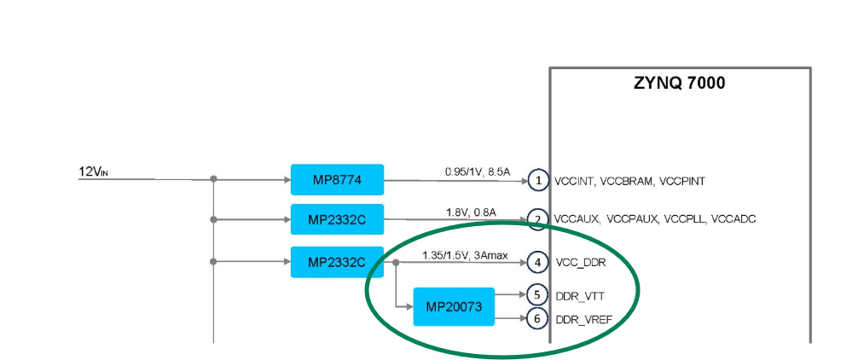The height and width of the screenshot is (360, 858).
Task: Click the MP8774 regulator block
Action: (x=337, y=180)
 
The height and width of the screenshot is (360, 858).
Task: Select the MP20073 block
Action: (x=454, y=306)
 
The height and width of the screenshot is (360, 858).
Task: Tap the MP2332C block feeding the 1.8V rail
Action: (x=337, y=220)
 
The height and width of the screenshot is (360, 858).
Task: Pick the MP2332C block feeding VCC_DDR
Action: (x=337, y=262)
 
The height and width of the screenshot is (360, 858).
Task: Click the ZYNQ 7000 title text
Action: (x=679, y=84)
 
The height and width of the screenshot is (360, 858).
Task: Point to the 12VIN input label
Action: (x=94, y=173)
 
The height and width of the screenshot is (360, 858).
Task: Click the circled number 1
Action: (x=537, y=180)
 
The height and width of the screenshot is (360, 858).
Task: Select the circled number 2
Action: (x=537, y=220)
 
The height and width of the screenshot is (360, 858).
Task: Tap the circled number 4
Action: (x=537, y=262)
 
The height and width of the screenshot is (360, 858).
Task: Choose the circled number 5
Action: (x=537, y=295)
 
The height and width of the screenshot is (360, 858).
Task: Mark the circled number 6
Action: (x=537, y=319)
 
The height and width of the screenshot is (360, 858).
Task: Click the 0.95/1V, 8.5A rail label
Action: (x=477, y=172)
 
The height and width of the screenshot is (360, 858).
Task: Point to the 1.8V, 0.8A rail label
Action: (x=470, y=212)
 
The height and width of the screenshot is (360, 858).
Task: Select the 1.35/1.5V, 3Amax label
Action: (x=465, y=254)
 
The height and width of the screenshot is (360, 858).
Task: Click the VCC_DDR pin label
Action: (x=581, y=263)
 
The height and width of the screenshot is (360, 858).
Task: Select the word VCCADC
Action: (x=733, y=220)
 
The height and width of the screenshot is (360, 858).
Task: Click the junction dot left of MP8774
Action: (x=213, y=179)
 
